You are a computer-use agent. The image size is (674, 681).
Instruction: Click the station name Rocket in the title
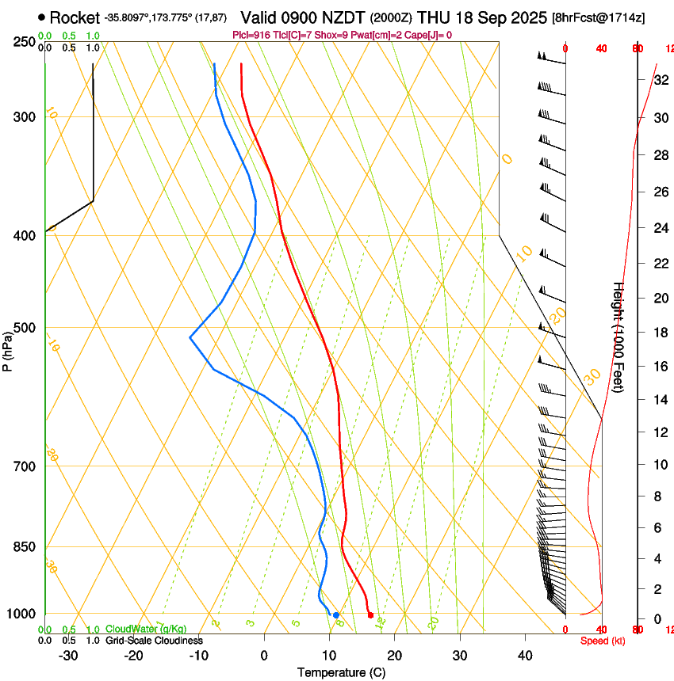point(75,17)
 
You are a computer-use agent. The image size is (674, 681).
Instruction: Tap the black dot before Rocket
point(41,17)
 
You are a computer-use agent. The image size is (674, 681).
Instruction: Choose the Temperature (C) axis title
point(341,673)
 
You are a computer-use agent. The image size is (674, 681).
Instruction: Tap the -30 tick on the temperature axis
point(68,656)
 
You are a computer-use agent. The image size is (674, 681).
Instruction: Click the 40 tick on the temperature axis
point(525,656)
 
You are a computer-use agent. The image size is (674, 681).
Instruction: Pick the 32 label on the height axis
point(660,80)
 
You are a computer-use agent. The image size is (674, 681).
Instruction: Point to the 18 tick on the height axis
point(660,333)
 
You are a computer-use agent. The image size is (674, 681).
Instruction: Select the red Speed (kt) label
point(603,641)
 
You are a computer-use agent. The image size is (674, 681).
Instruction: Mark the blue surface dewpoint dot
point(336,615)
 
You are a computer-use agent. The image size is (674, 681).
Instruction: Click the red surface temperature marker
point(370,615)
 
